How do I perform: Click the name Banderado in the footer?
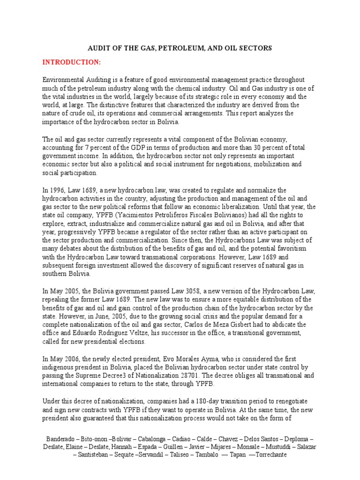(61, 439)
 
